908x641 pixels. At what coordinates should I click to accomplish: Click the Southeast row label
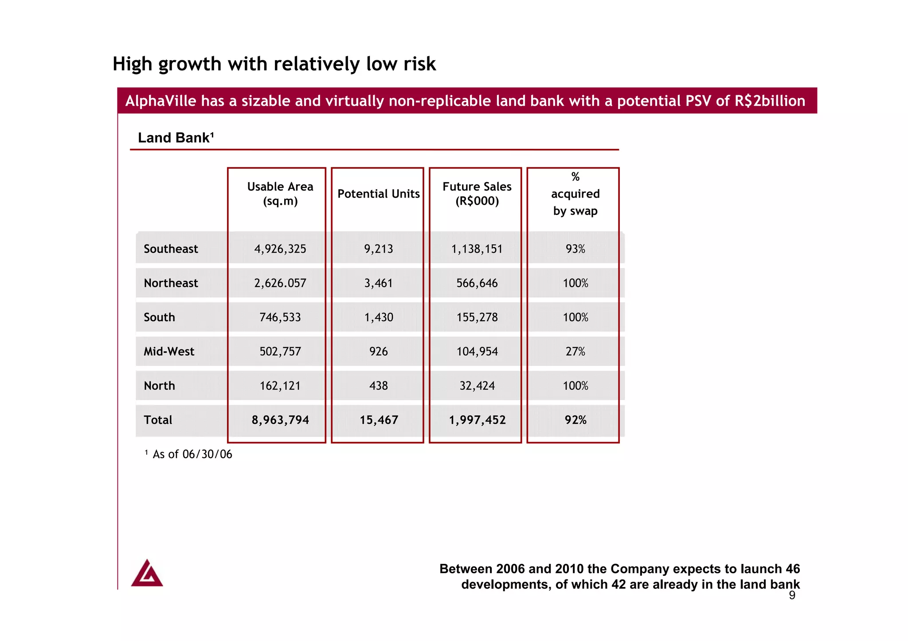point(171,249)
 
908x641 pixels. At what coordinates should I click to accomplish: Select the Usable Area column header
point(280,194)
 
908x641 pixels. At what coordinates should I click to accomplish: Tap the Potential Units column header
point(378,194)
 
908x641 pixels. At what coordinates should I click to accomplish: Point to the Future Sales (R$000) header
point(477,194)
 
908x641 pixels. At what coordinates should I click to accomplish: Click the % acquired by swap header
point(575,194)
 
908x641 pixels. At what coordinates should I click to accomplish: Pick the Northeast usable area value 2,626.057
point(280,283)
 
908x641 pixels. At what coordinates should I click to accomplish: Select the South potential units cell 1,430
point(378,317)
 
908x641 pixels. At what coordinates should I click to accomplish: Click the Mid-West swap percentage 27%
point(575,352)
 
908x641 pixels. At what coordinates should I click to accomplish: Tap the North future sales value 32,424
point(477,386)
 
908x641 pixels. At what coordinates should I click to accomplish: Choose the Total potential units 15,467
point(378,420)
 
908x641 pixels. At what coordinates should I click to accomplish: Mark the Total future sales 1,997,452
point(477,420)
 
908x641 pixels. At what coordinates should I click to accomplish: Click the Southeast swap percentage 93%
point(575,249)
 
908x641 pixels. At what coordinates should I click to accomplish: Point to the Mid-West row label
point(169,352)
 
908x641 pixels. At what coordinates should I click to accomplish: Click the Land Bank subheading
point(176,138)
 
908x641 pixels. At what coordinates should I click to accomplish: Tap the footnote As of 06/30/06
point(192,455)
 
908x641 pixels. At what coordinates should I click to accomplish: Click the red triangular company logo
point(147,574)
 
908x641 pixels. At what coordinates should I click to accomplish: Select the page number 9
point(792,595)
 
